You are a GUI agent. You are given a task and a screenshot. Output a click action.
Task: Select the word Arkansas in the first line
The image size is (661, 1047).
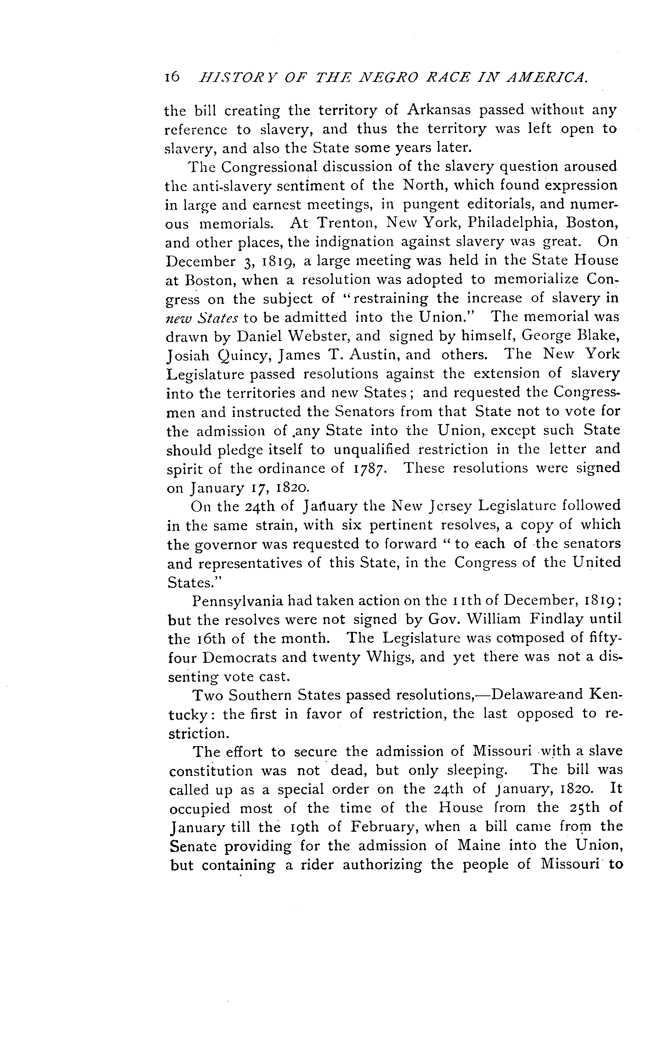pos(439,111)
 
